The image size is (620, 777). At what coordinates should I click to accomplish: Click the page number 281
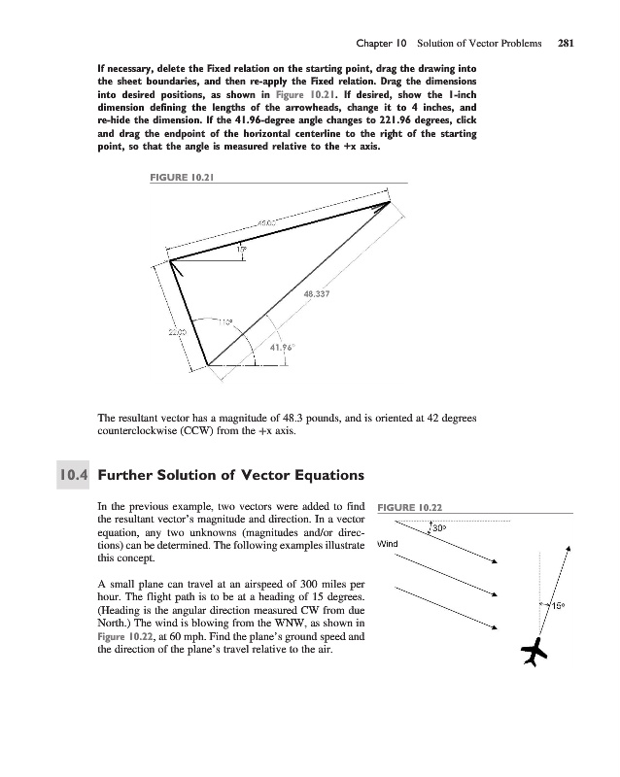(566, 43)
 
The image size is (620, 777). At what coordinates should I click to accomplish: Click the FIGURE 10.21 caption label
(182, 178)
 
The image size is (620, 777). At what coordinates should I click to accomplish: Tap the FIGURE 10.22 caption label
(410, 507)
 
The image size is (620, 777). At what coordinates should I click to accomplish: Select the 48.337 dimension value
(317, 294)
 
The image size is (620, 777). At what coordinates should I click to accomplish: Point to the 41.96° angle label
(282, 348)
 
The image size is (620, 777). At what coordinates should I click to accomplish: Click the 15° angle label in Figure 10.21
(242, 250)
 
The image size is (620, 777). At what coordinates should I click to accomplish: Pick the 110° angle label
(224, 322)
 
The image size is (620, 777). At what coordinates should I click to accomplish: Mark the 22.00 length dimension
(177, 332)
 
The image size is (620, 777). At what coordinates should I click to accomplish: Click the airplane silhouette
(534, 652)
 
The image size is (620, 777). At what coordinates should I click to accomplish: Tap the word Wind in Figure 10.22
(388, 544)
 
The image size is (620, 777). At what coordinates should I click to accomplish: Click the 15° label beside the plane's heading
(559, 605)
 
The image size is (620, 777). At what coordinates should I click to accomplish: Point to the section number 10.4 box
(73, 475)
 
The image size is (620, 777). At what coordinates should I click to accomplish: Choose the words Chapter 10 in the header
(381, 43)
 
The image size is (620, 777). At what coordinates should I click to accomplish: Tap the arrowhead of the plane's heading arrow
(568, 548)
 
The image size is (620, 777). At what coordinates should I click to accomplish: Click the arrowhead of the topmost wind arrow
(495, 561)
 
